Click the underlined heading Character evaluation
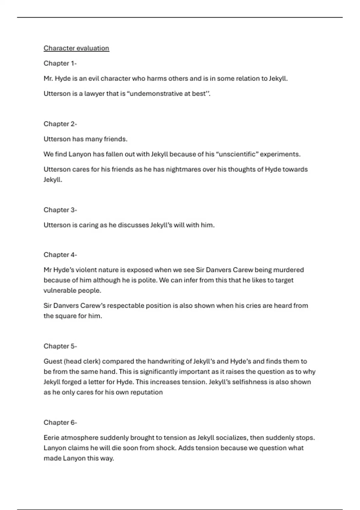pyautogui.click(x=76, y=48)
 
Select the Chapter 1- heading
pyautogui.click(x=60, y=63)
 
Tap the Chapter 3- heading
pyautogui.click(x=60, y=210)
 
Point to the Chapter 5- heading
pyautogui.click(x=60, y=346)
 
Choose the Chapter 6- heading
pyautogui.click(x=60, y=422)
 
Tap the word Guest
pyautogui.click(x=53, y=361)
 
